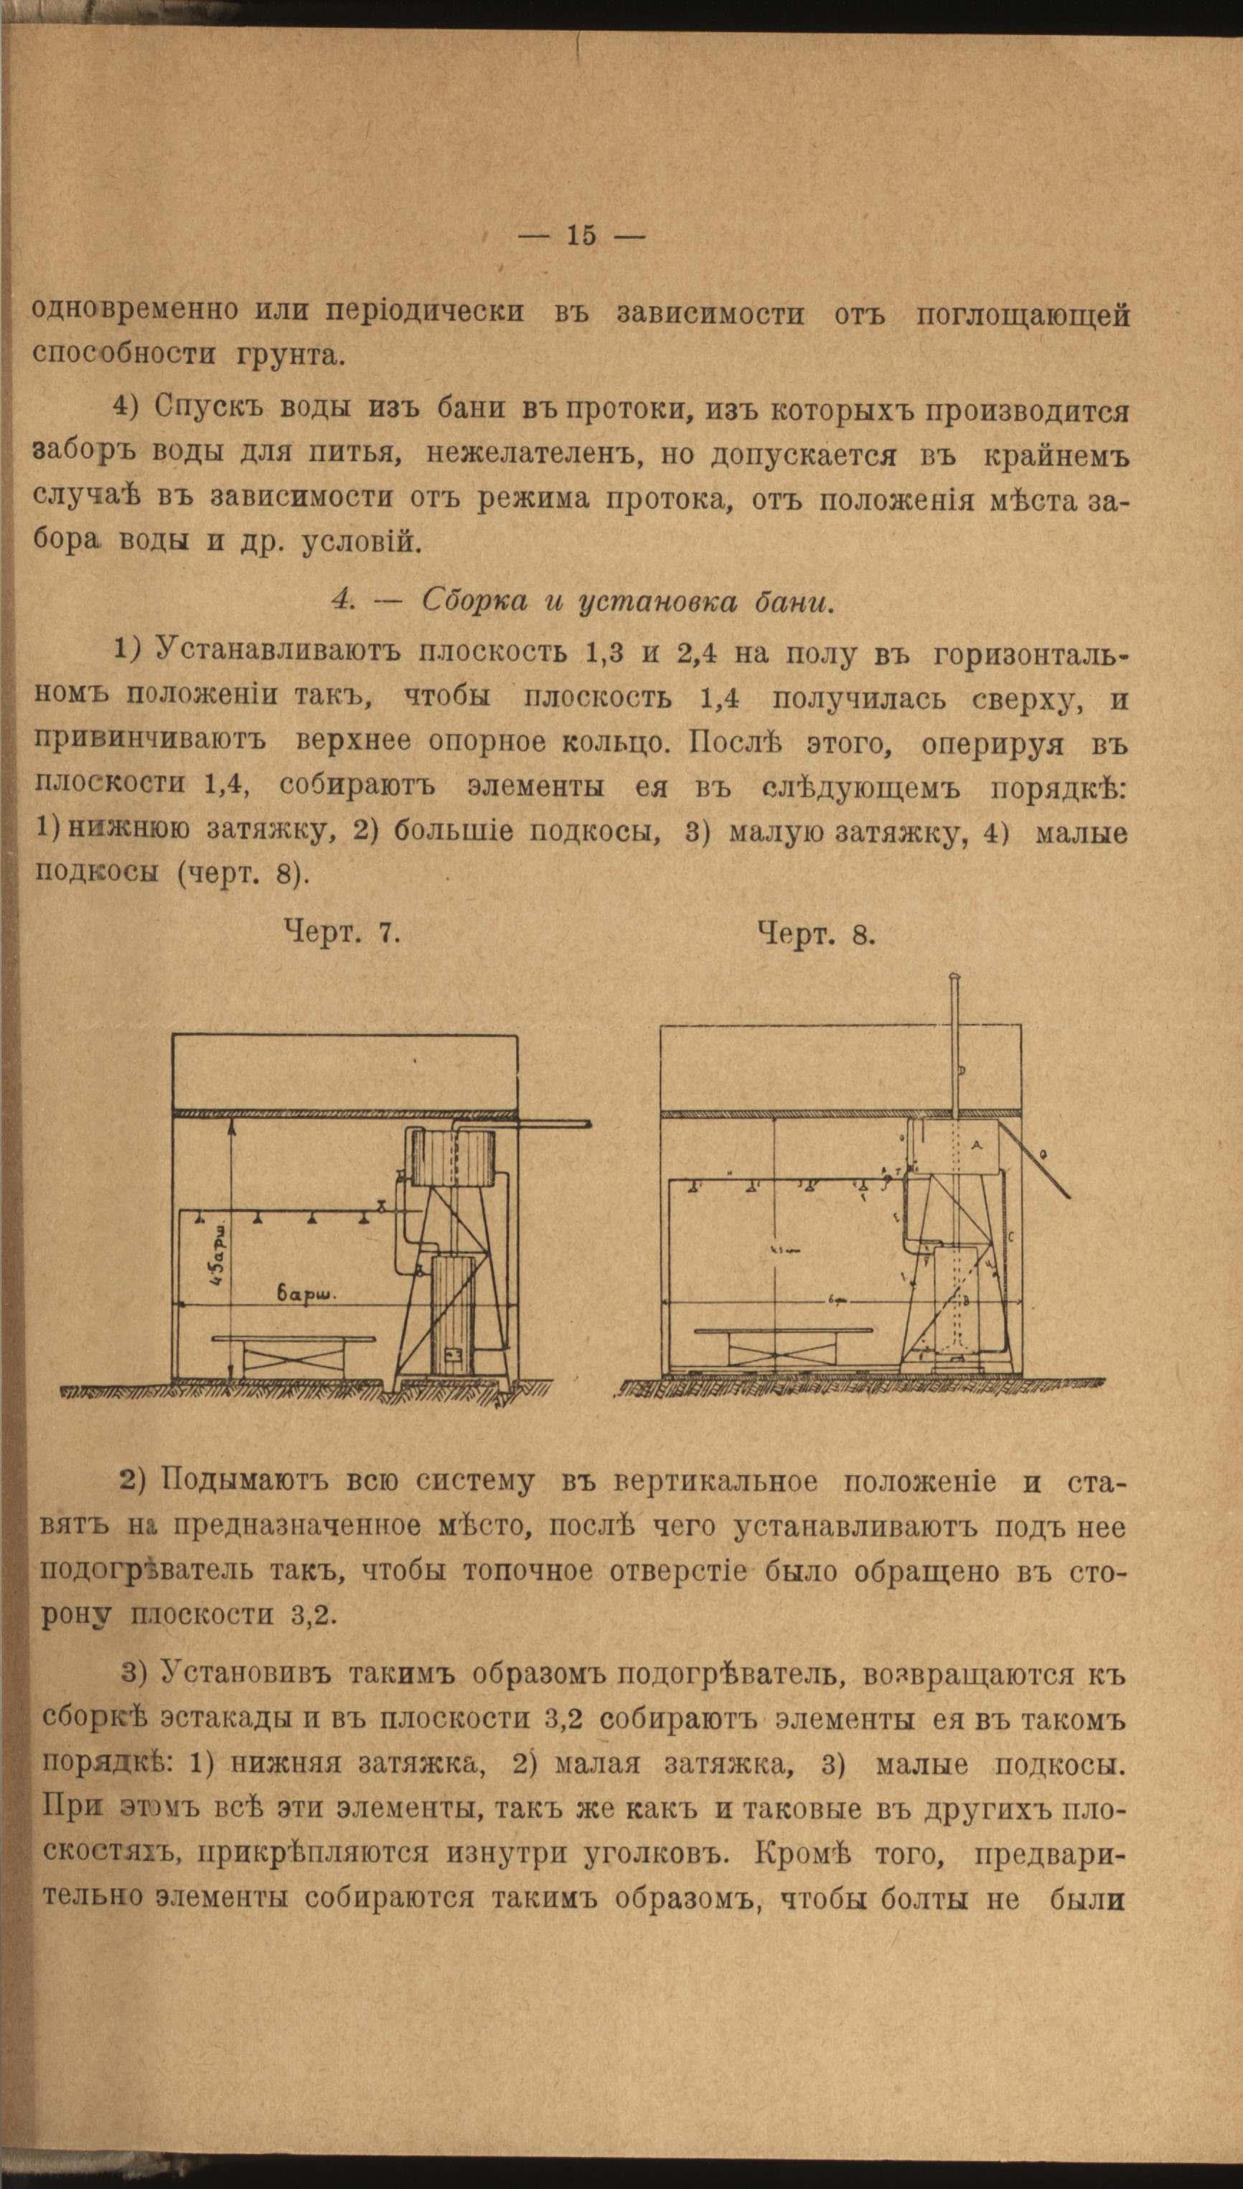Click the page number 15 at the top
(581, 236)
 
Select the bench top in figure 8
(783, 1330)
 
